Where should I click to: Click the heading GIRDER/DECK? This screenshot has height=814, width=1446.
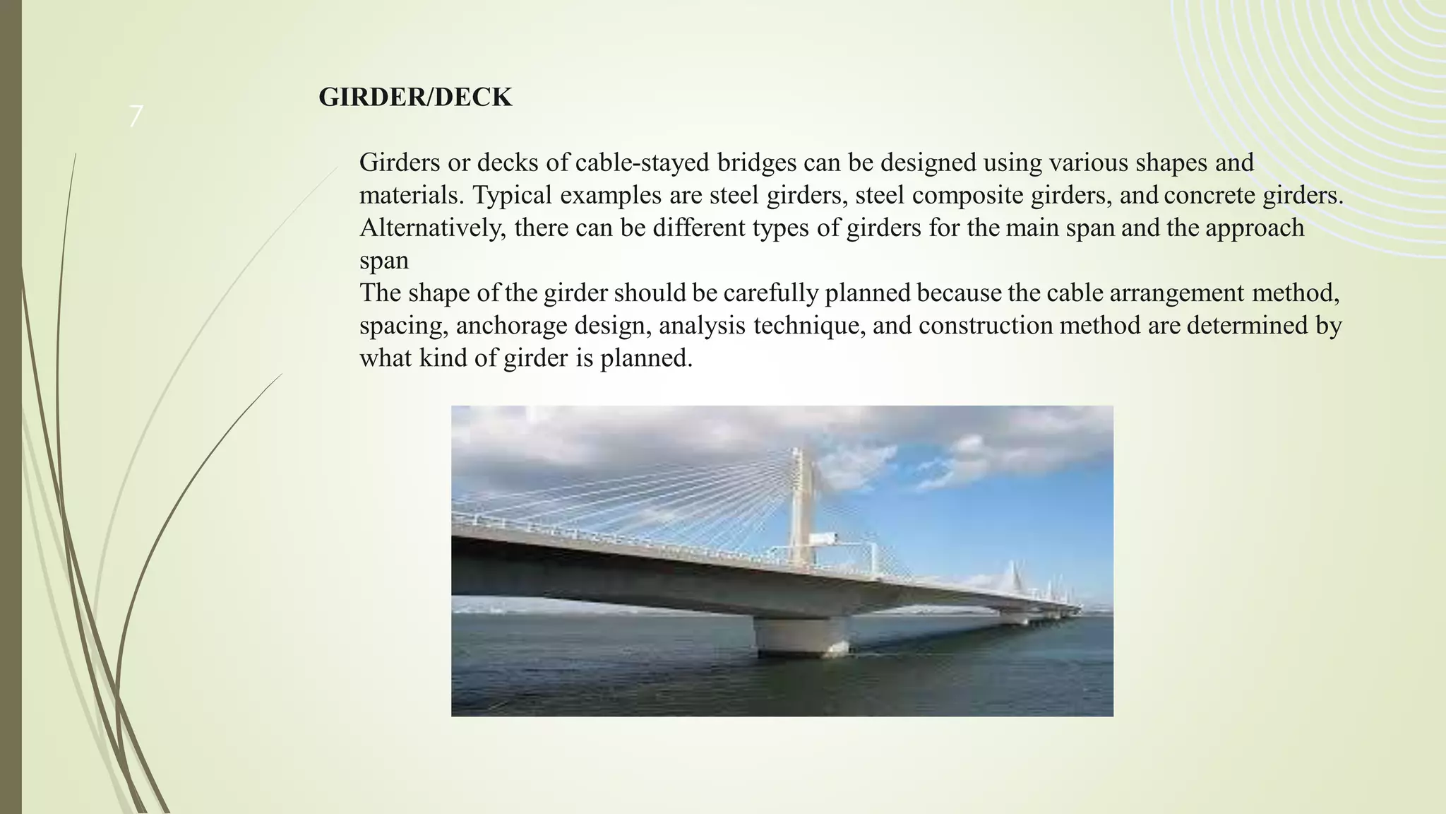coord(415,98)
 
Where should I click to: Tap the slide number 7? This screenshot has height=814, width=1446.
coord(136,117)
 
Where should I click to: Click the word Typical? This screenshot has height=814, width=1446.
coord(513,195)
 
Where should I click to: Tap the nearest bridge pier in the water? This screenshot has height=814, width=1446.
coord(801,634)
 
